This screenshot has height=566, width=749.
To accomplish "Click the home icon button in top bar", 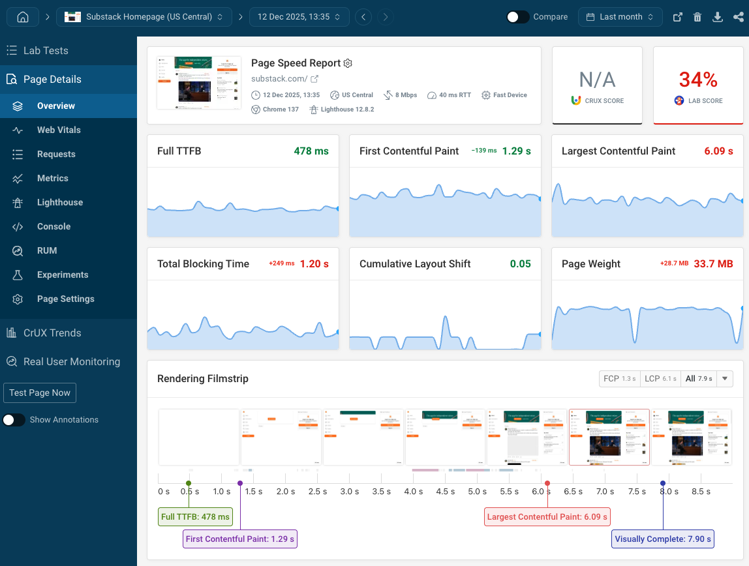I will (x=22, y=17).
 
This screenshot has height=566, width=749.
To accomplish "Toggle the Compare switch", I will (x=518, y=17).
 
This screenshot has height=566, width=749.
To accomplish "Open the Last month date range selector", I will (x=620, y=17).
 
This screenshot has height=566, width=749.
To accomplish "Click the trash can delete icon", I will (x=697, y=18).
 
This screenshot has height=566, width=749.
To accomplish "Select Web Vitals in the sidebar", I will (x=59, y=130).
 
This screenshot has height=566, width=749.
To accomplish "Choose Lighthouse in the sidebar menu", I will (x=59, y=202).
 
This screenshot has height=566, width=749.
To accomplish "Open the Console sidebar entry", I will (x=53, y=226).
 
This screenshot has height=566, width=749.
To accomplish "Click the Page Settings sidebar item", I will (x=65, y=299).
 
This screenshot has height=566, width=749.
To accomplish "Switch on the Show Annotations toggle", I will (x=14, y=420).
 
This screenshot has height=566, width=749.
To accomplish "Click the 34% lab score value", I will (x=698, y=80).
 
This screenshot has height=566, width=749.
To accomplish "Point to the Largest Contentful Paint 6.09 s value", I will (x=718, y=151).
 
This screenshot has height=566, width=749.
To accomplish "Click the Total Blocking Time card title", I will (x=203, y=264).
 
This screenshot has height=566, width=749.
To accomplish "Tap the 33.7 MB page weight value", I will (x=713, y=264).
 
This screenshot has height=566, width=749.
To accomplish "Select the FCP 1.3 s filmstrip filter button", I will (x=619, y=379).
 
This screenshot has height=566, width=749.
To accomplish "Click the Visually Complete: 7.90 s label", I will (x=663, y=539).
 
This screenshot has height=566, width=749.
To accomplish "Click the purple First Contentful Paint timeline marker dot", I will (x=240, y=483).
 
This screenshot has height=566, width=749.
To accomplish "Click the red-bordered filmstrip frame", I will (x=609, y=437).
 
